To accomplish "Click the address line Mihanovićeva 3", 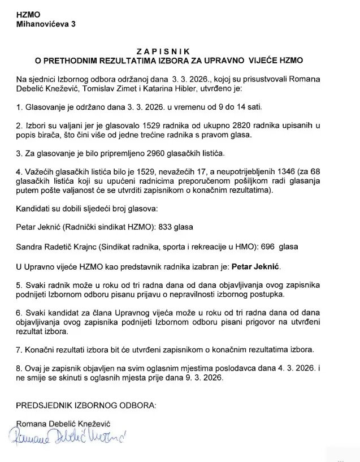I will pyautogui.click(x=45, y=24).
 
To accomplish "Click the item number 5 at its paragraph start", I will pyautogui.click(x=19, y=286).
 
